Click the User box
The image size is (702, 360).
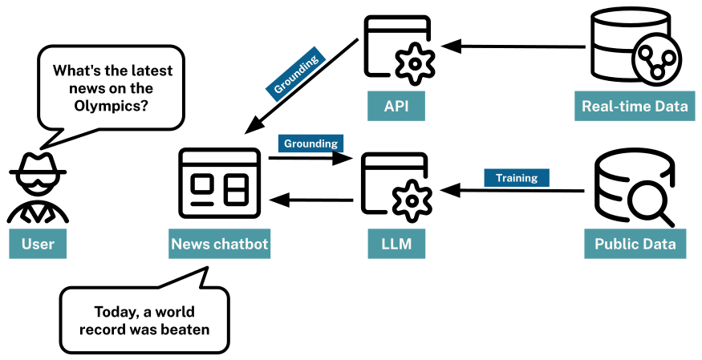[38, 244]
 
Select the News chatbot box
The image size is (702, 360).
[220, 244]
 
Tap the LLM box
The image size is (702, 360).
[396, 244]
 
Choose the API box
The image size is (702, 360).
[396, 106]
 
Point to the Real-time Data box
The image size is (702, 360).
[635, 106]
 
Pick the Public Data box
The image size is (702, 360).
[635, 244]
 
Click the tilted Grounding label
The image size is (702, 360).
[295, 74]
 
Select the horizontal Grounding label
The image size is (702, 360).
[310, 144]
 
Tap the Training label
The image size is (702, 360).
[517, 178]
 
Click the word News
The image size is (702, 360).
[189, 244]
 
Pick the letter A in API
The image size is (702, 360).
[389, 106]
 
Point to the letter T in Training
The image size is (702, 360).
[499, 178]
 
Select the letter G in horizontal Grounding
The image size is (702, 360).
[288, 144]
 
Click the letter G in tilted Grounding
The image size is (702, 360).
[278, 89]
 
